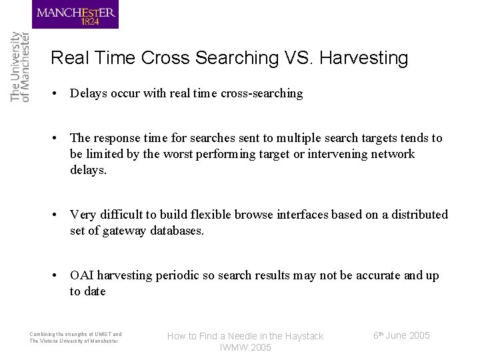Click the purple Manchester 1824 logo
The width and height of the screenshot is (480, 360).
pyautogui.click(x=75, y=15)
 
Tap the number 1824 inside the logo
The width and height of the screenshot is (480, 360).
pyautogui.click(x=90, y=21)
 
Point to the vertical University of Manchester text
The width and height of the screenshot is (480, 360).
pyautogui.click(x=20, y=67)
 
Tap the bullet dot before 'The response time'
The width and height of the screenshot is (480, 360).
pyautogui.click(x=59, y=138)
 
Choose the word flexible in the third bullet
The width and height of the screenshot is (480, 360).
pyautogui.click(x=213, y=215)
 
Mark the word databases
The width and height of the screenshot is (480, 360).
pyautogui.click(x=180, y=231)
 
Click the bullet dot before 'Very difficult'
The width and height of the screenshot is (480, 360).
pyautogui.click(x=59, y=215)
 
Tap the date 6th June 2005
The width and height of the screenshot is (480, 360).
pyautogui.click(x=401, y=335)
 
